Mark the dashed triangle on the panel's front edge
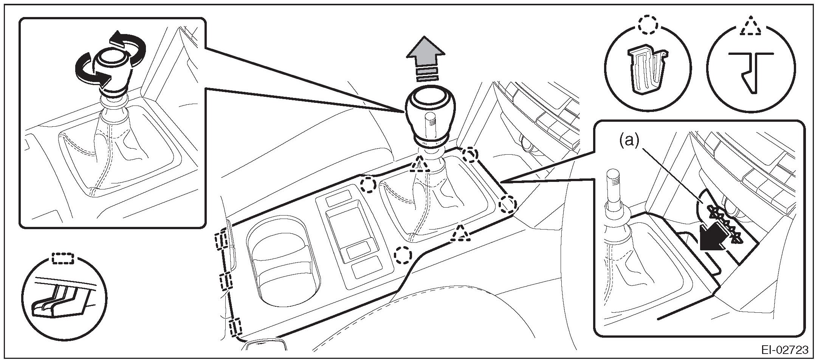pyautogui.click(x=460, y=234)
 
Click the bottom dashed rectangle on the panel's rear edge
pyautogui.click(x=235, y=327)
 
